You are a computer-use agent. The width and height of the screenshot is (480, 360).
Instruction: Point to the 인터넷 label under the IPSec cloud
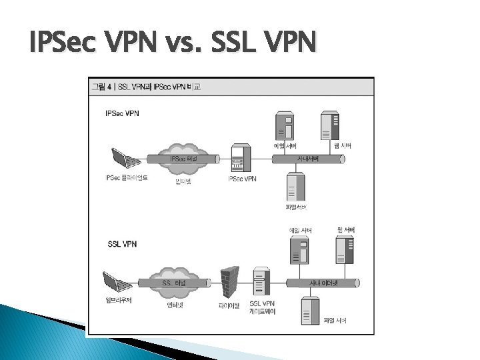[181, 179]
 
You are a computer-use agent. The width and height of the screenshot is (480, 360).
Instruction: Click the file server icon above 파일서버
[293, 186]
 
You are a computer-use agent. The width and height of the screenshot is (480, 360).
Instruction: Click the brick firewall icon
[229, 282]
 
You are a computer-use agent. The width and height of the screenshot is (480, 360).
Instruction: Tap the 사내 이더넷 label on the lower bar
[323, 283]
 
